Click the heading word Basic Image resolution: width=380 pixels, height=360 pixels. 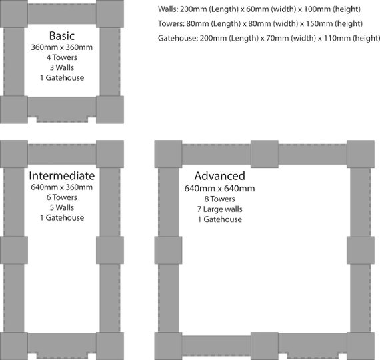(x=62, y=36)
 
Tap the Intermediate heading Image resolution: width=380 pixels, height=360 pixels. (x=62, y=176)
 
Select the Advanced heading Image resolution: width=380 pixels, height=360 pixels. (x=220, y=176)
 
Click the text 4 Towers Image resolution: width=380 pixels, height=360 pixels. (x=62, y=57)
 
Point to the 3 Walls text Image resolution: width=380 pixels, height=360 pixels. (x=62, y=67)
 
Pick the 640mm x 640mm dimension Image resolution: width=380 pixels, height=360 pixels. (x=219, y=189)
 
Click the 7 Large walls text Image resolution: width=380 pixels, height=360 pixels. (x=220, y=209)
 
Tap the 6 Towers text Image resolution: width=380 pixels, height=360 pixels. (x=62, y=197)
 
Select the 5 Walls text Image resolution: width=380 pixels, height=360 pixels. (x=62, y=207)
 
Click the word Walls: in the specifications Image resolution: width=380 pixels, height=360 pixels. (x=168, y=9)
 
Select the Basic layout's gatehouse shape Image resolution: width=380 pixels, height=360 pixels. (x=62, y=109)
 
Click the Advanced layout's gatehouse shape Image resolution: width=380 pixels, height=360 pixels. (x=313, y=346)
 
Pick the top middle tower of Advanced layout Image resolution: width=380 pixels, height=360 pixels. (x=265, y=154)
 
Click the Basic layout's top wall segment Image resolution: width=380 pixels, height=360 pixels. (x=62, y=14)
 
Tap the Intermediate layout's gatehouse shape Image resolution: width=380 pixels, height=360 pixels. (x=62, y=346)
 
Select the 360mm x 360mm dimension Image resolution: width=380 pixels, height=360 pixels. (x=62, y=47)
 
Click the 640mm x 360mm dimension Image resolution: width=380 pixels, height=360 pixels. (x=62, y=187)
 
